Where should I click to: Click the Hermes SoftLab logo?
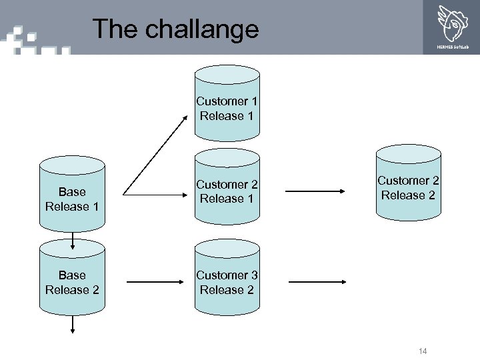point(452,27)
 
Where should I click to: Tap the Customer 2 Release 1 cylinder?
point(227,191)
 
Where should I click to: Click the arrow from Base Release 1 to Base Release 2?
point(72,241)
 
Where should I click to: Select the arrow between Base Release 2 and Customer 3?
point(154,282)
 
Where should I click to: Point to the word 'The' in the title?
point(108,29)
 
